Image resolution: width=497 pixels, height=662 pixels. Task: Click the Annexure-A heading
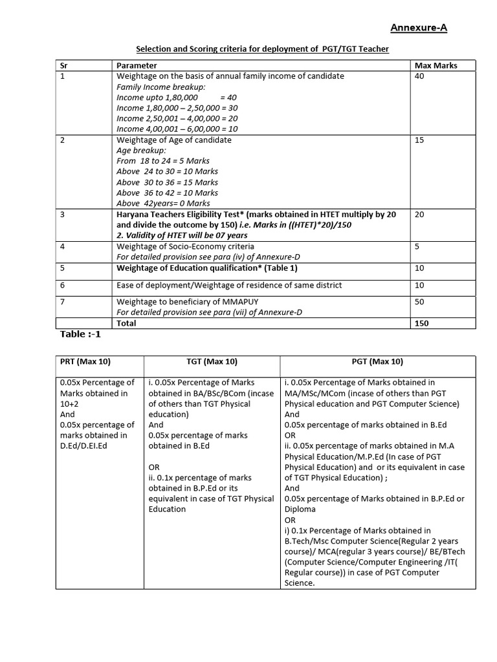click(418, 27)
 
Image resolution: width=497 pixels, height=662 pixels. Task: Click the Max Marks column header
click(435, 65)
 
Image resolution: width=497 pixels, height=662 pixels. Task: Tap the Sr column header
click(63, 65)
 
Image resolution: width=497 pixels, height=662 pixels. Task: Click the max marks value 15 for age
click(419, 140)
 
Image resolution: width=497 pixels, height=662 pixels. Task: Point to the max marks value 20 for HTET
click(419, 214)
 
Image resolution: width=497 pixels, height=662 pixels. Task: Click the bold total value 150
click(421, 323)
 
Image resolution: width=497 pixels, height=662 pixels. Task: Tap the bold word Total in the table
click(126, 323)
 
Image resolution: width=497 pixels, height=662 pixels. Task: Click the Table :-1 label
click(81, 334)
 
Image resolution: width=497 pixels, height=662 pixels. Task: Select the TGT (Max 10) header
click(211, 362)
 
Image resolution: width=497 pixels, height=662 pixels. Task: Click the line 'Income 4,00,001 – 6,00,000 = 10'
click(177, 129)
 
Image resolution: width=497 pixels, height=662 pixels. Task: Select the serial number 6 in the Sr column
click(63, 285)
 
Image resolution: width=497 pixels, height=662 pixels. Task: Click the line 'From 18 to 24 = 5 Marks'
click(162, 160)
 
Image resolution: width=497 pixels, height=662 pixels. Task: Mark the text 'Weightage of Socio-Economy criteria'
click(185, 246)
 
